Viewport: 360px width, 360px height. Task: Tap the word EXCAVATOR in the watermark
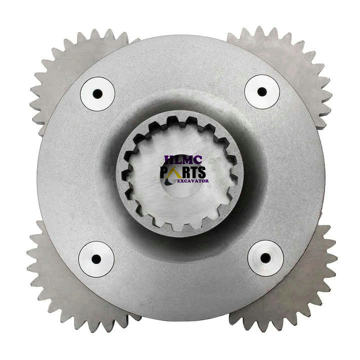pyautogui.click(x=192, y=180)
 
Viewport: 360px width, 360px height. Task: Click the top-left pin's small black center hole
pyautogui.click(x=97, y=93)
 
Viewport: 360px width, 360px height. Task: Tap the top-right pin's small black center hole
pyautogui.click(x=262, y=92)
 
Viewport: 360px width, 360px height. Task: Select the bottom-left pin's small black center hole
pyautogui.click(x=96, y=259)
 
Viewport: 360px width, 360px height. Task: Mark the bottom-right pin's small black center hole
pyautogui.click(x=265, y=258)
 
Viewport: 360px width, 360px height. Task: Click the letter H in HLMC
pyautogui.click(x=168, y=160)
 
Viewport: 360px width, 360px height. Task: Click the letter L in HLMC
pyautogui.click(x=175, y=160)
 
